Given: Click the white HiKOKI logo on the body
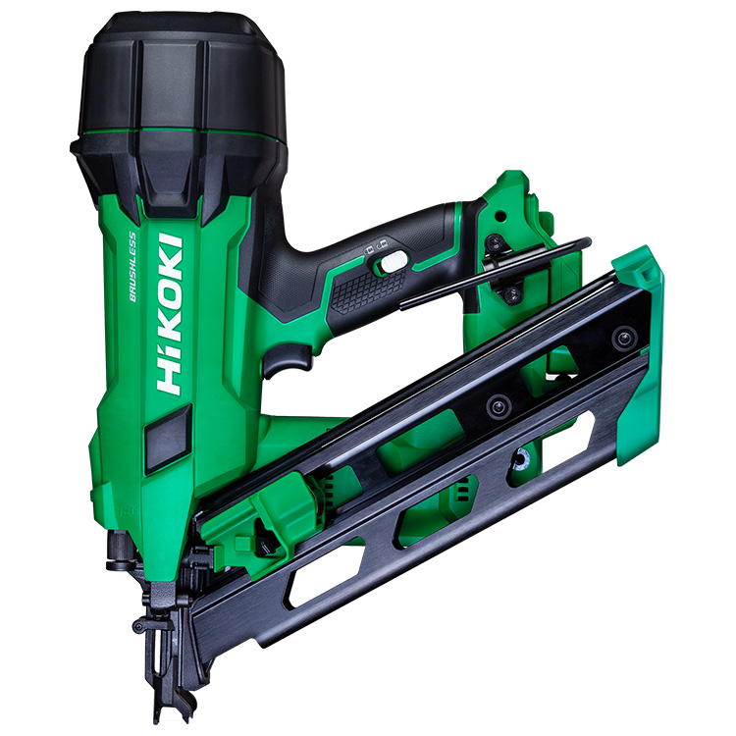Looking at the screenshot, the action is point(170,314).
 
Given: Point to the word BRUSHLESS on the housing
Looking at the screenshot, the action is point(132,267).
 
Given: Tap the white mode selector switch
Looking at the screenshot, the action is point(394,261).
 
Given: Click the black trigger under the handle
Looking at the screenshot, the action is point(288,359).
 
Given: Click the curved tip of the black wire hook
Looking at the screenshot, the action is point(586,242).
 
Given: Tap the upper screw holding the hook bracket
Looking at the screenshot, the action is point(495,242).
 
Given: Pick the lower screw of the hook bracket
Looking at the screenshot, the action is point(512,294).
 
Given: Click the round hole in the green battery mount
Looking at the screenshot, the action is point(501,217).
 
